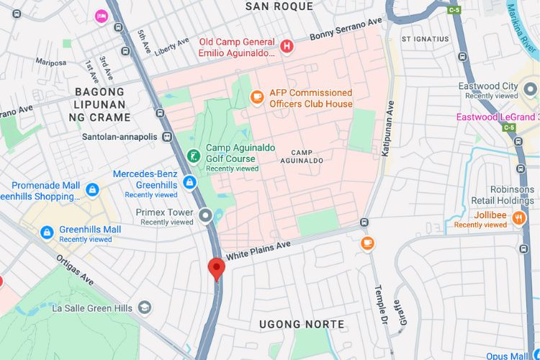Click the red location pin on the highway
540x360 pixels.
click(x=216, y=269)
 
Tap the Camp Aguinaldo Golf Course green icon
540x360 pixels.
click(x=193, y=156)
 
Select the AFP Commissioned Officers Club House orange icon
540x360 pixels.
click(x=256, y=96)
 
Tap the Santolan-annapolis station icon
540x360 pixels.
click(x=167, y=136)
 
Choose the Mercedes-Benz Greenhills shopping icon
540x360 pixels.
click(x=189, y=183)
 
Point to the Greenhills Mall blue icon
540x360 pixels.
click(x=47, y=233)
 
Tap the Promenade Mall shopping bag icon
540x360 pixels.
click(x=92, y=190)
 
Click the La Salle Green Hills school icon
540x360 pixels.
click(x=145, y=307)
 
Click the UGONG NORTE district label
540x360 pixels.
click(x=302, y=325)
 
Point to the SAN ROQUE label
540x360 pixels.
click(x=279, y=6)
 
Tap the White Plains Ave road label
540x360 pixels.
click(x=258, y=250)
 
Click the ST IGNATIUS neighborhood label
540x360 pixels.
click(x=425, y=39)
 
